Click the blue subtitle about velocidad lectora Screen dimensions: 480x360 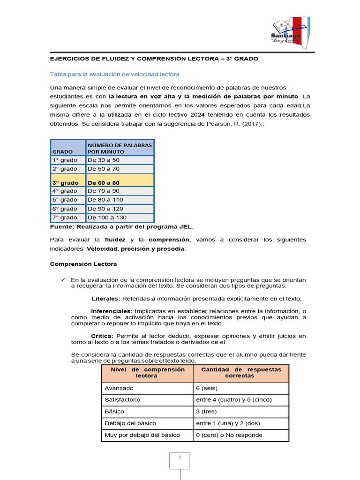pyautogui.click(x=114, y=74)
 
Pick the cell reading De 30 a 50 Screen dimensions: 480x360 pyautogui.click(x=120, y=160)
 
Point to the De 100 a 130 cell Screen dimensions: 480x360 pyautogui.click(x=120, y=217)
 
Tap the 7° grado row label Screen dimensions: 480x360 pyautogui.click(x=67, y=217)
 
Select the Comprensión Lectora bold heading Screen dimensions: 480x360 pyautogui.click(x=83, y=264)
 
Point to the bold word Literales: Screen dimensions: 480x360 pyautogui.click(x=106, y=299)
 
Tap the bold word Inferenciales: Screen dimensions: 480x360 pyautogui.click(x=112, y=311)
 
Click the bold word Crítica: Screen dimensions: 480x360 pyautogui.click(x=102, y=336)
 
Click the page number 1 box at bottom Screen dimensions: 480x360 pyautogui.click(x=180, y=461)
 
